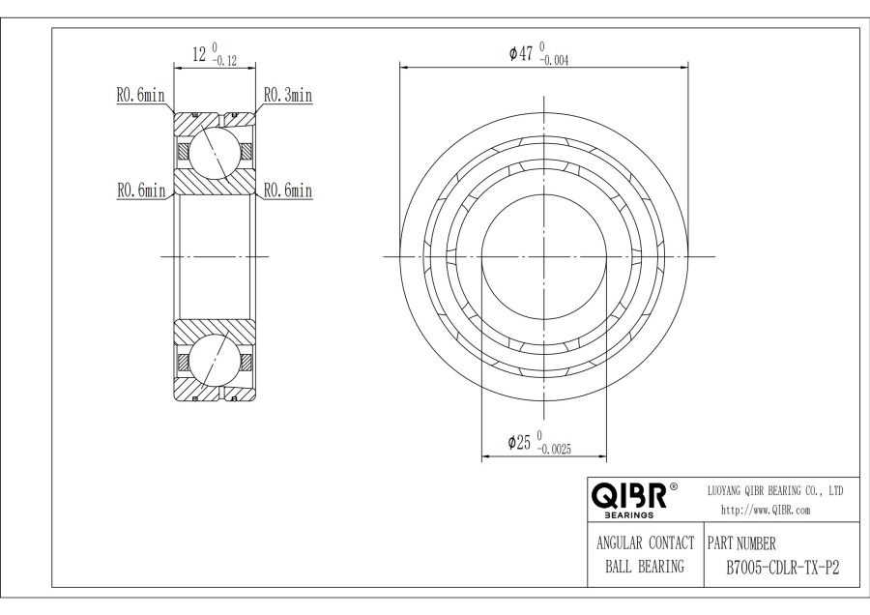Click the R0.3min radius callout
[x=288, y=96]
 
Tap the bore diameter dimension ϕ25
[x=520, y=442]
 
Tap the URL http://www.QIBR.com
[x=767, y=510]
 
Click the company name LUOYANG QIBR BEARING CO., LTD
[x=776, y=491]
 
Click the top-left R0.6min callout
[x=140, y=96]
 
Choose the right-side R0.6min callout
[x=288, y=191]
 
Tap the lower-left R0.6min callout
[x=140, y=191]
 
